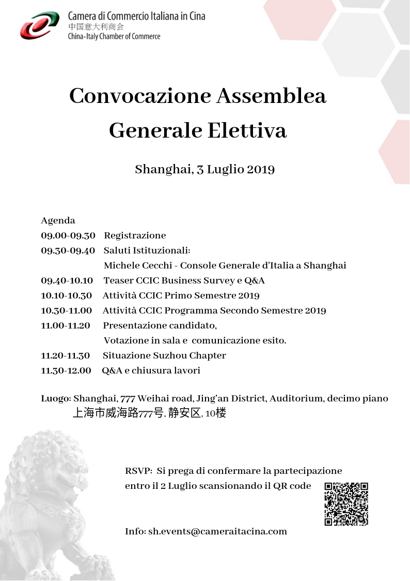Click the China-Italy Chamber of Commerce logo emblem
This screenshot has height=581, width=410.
(40, 26)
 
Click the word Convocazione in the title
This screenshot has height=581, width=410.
(139, 96)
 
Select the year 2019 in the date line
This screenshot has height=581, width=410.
(260, 169)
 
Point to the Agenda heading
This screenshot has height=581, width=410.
(58, 220)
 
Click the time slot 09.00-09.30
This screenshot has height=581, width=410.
(68, 235)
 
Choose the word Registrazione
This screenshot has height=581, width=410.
(135, 235)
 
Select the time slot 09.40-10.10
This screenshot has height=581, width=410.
(67, 280)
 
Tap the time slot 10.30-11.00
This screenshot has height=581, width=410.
(67, 310)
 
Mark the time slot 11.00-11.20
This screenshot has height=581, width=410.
(66, 325)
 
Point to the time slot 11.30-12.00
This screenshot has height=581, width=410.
(66, 370)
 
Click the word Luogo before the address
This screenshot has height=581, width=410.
(56, 398)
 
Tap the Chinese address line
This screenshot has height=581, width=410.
(149, 413)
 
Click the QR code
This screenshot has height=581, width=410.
(346, 504)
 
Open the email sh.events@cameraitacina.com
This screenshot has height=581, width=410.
(217, 531)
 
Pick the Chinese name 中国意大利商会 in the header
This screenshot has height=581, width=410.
(96, 26)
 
